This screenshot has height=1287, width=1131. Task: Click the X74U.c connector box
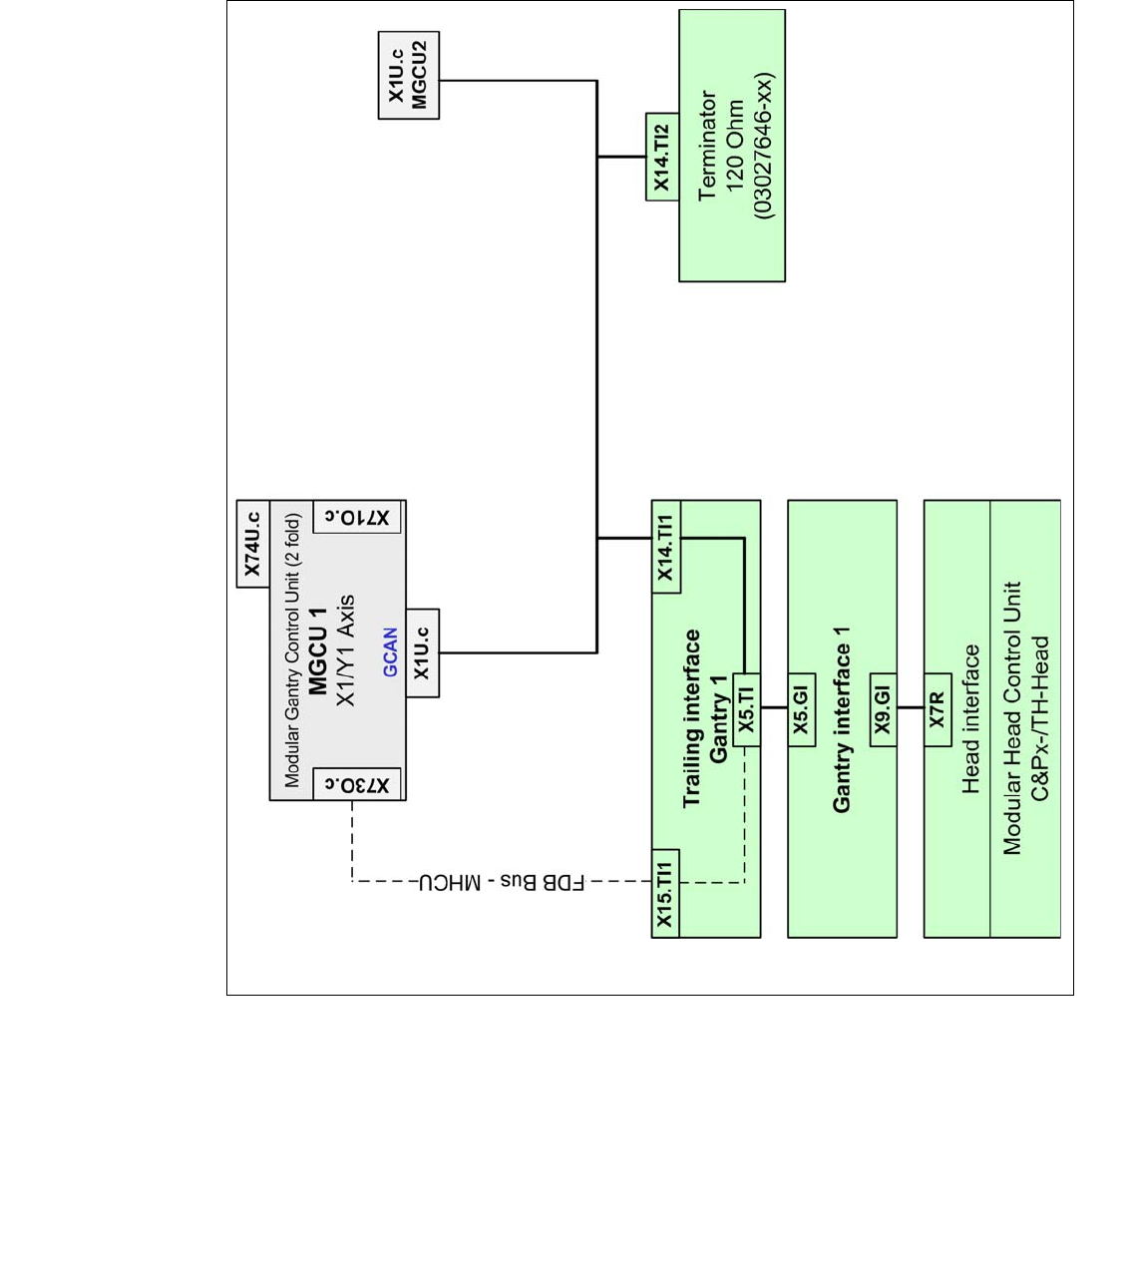coord(253,544)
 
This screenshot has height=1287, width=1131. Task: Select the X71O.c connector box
coord(357,517)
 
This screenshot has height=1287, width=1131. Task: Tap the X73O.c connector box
coord(357,785)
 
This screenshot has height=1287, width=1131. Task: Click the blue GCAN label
coord(390,651)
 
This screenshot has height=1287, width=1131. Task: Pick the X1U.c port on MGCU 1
coord(423,653)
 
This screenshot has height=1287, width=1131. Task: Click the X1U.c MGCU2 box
coord(408,75)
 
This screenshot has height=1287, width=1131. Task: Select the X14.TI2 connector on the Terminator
coord(662,157)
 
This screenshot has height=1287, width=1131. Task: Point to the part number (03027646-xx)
coord(763,146)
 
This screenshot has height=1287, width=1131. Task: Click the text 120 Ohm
coord(735,146)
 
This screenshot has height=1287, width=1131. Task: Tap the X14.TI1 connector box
coord(666,547)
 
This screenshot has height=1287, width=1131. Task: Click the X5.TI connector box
coord(746,707)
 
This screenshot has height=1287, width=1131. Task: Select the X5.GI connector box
coord(801,708)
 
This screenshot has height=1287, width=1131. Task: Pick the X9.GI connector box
coord(883,708)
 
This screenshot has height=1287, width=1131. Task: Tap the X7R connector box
coord(938,708)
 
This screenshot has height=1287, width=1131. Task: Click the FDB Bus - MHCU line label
coord(502,882)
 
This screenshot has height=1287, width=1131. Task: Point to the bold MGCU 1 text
coord(318,650)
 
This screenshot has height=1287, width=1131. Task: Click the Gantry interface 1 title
coord(842,719)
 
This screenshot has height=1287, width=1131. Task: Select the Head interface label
coord(970,718)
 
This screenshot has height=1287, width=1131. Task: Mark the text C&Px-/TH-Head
coord(1040,718)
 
